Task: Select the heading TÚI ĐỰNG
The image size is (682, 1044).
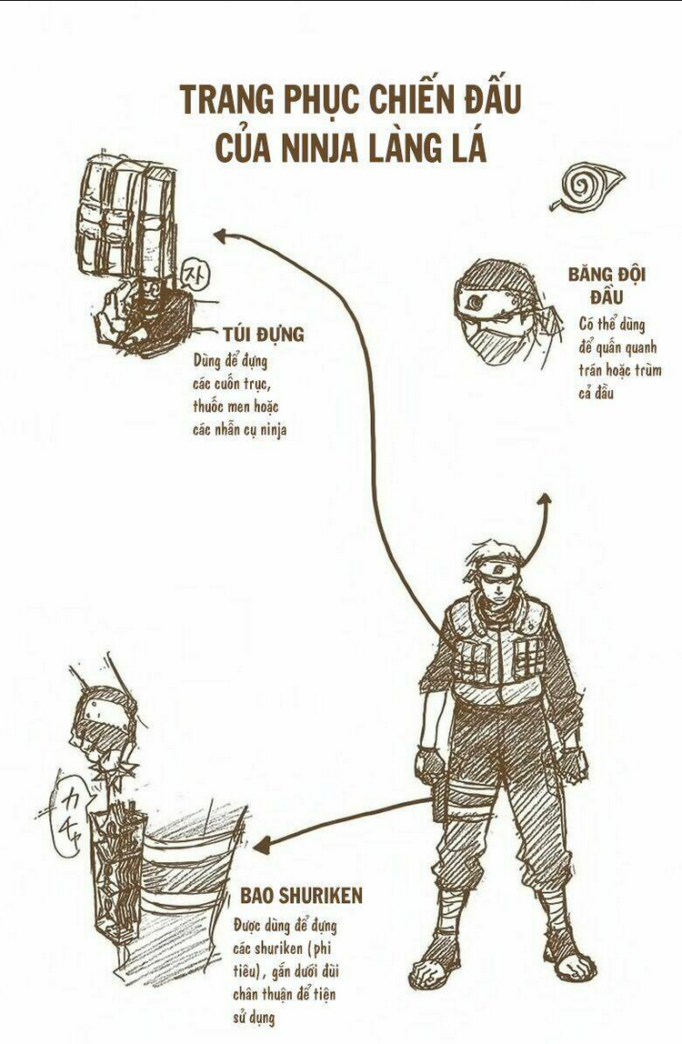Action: coord(263,334)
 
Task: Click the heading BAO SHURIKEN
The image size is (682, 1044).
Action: coord(301,896)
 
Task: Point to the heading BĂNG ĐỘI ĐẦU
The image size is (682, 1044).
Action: coord(607,285)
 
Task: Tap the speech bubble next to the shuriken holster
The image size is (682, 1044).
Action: coord(67,812)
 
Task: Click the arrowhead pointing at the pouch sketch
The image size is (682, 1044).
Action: coord(221,235)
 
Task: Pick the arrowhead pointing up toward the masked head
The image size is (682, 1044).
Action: coord(544,500)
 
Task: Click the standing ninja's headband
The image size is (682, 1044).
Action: coord(498,570)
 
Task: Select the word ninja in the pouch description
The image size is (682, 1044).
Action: coord(273,429)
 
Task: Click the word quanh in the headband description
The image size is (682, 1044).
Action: coord(640,348)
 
